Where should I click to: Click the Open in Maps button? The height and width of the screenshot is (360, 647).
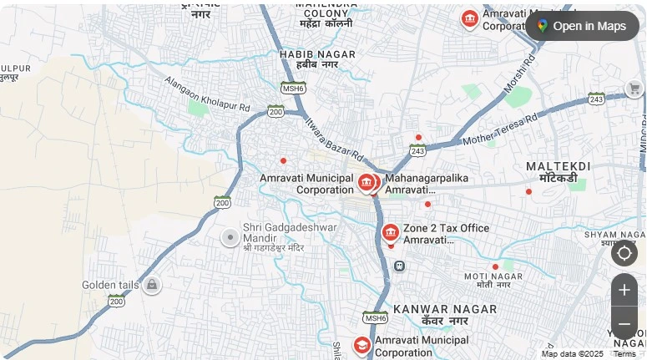[x=582, y=26]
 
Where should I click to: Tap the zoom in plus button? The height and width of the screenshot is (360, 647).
[x=624, y=290]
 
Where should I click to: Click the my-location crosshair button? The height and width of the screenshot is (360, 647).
[x=624, y=252]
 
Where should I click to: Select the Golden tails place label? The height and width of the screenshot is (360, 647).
[x=110, y=285]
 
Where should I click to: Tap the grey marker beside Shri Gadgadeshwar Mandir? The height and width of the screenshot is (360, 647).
[x=230, y=237]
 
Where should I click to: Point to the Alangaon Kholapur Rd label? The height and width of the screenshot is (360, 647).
[x=207, y=95]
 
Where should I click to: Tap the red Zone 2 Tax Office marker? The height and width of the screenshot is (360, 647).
[x=390, y=232]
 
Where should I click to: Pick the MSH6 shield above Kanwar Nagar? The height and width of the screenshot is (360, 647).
[x=376, y=317]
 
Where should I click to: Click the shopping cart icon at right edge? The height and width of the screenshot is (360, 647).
[x=634, y=89]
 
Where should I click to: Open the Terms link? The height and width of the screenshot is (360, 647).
[x=624, y=353]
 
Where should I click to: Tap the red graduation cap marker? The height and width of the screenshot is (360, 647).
[x=361, y=344]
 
